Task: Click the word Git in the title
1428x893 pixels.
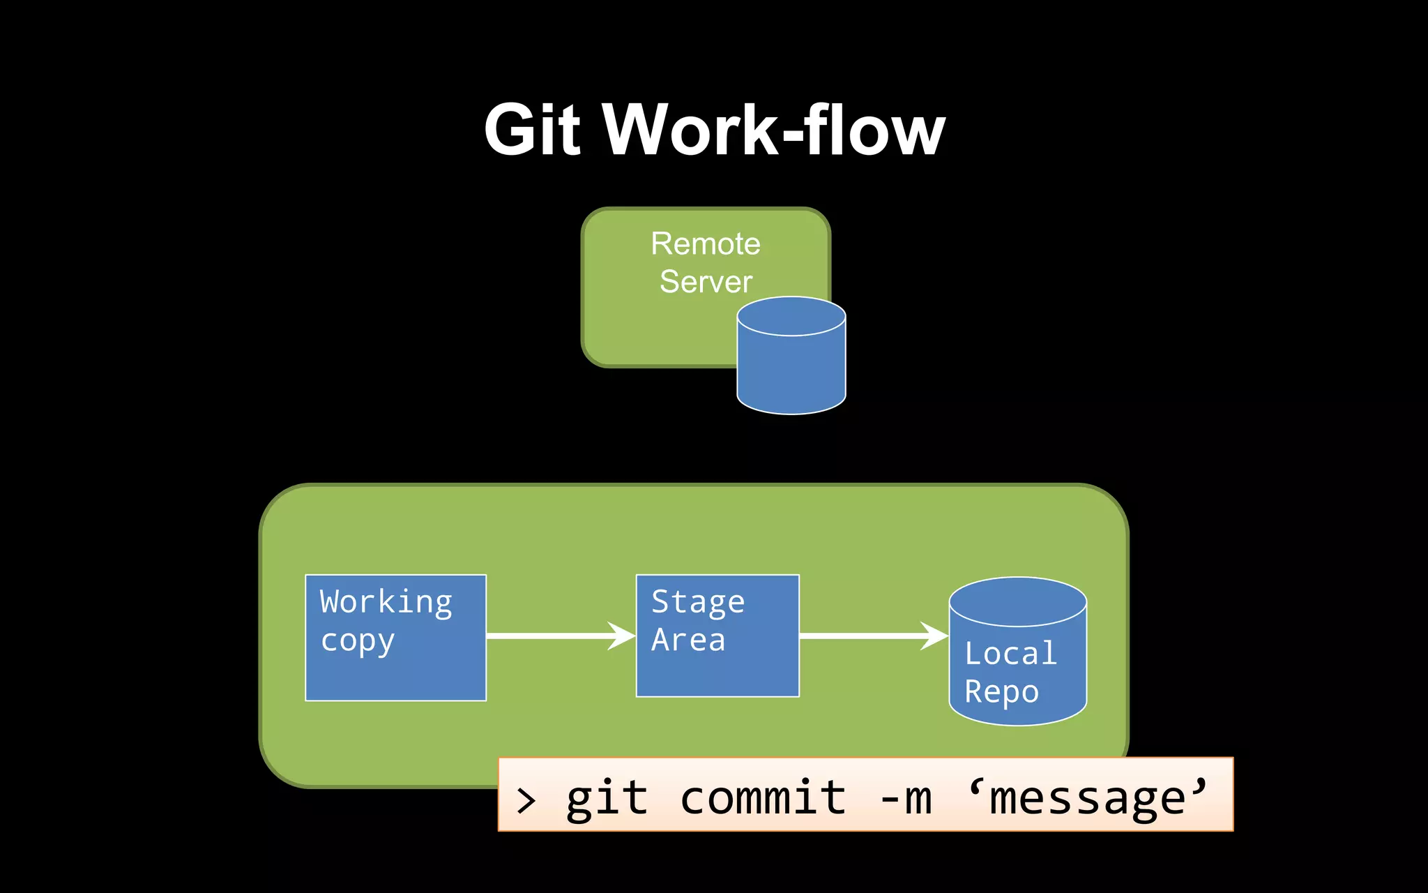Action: (532, 130)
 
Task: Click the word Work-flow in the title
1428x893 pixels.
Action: (773, 130)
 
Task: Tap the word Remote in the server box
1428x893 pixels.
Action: (705, 244)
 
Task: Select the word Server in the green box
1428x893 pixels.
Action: (706, 282)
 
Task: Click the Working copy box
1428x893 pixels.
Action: (395, 670)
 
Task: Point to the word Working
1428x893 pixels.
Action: (386, 602)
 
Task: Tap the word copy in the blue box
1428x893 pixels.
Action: (357, 640)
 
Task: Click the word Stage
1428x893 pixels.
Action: (697, 602)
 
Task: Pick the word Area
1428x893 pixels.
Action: (688, 640)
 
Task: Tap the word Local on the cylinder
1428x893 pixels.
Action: (1010, 654)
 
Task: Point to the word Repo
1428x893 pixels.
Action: (1001, 692)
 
